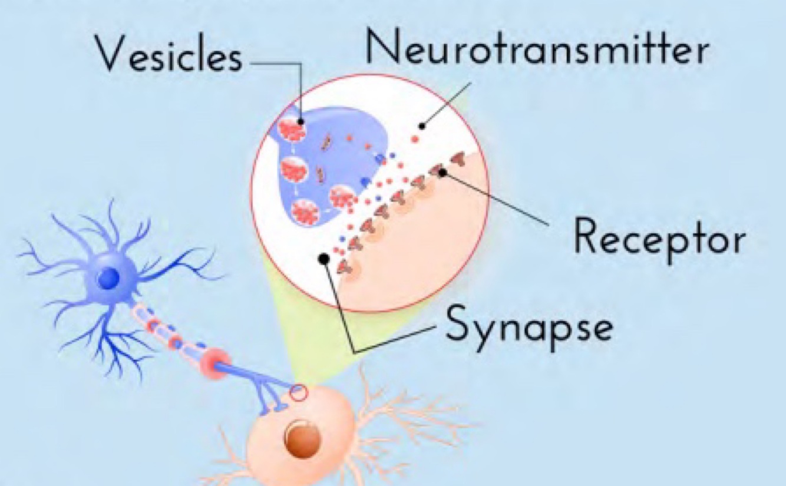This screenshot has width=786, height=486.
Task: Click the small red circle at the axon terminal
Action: (299, 392)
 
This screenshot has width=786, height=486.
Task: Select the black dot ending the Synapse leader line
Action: (323, 258)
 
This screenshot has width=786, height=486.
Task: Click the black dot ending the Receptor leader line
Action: (443, 173)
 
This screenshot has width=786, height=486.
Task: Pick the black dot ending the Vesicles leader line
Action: (301, 121)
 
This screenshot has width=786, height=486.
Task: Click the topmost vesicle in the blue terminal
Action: (292, 130)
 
